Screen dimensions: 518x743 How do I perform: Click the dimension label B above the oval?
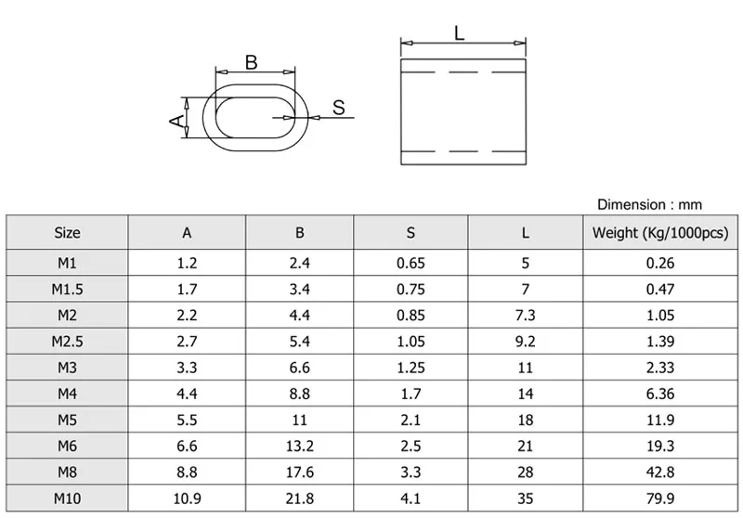point(251,62)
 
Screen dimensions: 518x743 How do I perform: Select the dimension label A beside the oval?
point(174,120)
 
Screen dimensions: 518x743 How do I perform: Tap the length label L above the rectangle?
point(460,33)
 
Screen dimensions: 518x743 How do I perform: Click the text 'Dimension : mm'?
point(649,204)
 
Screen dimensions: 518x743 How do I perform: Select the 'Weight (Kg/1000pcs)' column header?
point(659,233)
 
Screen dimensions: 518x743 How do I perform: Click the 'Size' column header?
point(67,233)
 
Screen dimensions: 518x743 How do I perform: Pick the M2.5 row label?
point(67,341)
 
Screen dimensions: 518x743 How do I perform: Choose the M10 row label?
point(67,498)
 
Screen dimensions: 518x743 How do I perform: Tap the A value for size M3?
point(187,367)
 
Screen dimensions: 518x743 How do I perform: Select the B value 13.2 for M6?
point(299,446)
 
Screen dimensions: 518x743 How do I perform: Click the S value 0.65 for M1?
point(411,263)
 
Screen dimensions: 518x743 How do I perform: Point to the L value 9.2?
point(526,341)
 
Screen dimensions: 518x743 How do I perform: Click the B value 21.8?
point(299,498)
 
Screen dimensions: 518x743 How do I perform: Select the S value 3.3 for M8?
point(411,472)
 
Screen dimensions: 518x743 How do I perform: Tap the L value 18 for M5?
point(526,419)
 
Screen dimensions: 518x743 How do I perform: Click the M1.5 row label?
point(67,289)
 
